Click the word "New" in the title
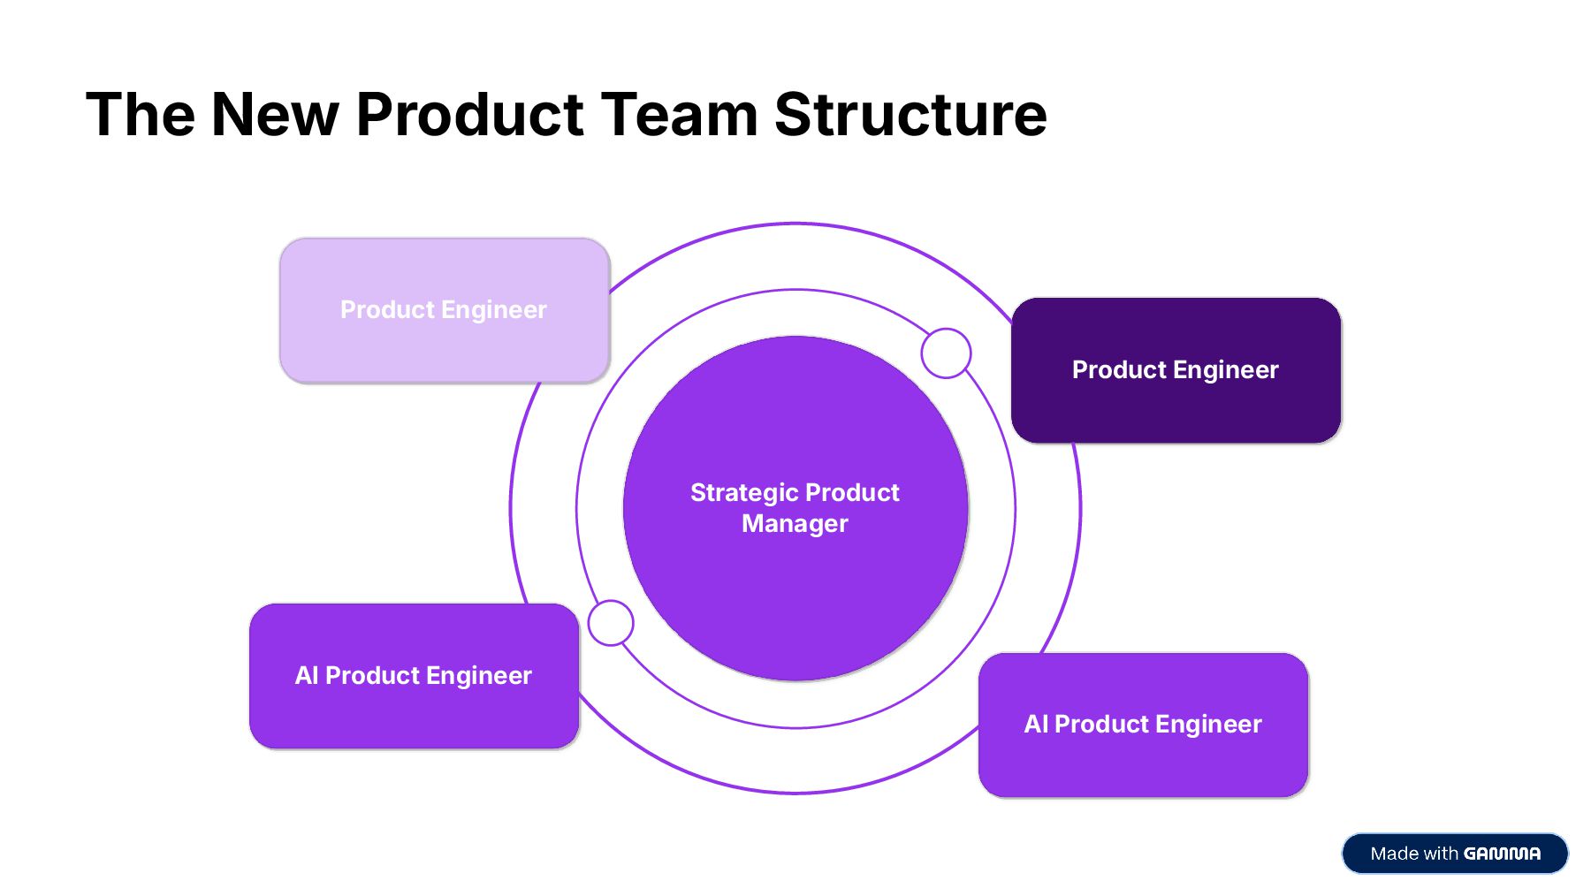point(275,115)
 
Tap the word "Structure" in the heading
point(910,115)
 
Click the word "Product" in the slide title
point(469,115)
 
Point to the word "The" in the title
point(141,115)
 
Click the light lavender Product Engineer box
point(444,310)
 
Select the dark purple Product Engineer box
point(1176,370)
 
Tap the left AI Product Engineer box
point(414,676)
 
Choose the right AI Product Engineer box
point(1143,725)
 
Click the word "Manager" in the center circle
point(795,524)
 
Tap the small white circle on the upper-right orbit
point(946,353)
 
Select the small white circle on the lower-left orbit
point(611,623)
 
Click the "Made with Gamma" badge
point(1455,854)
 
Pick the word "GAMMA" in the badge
point(1502,854)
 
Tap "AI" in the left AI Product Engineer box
point(306,676)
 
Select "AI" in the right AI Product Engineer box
point(1035,725)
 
